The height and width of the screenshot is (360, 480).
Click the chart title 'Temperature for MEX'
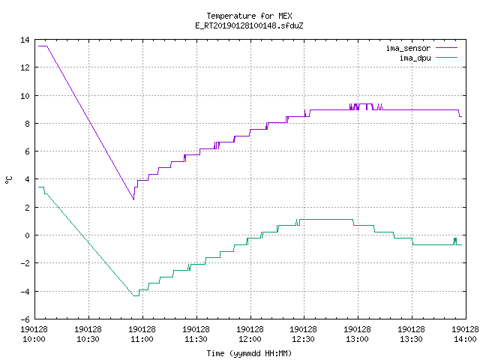point(249,16)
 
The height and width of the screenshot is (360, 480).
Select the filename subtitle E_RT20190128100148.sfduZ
point(249,25)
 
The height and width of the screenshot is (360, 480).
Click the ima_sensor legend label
point(408,48)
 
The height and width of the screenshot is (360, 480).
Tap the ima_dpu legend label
point(415,58)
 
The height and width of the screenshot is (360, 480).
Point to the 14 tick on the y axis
point(25,40)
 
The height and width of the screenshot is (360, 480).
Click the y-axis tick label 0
point(27,235)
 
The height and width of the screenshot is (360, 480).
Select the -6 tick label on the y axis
point(25,319)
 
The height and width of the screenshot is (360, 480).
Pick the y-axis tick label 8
point(27,124)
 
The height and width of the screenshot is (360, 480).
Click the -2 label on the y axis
point(25,263)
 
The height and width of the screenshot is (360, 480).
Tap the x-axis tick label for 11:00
point(142,334)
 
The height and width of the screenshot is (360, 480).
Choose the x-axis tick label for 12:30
point(303,334)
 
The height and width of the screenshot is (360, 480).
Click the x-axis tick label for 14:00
point(465,334)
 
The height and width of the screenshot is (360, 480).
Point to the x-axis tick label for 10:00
point(34,334)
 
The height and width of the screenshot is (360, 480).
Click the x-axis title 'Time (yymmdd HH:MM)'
point(249,353)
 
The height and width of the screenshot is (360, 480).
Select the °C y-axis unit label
point(9,180)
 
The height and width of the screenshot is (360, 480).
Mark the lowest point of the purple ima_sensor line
point(133,199)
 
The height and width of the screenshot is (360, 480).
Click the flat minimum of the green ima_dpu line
point(136,295)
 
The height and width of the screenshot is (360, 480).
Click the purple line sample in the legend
point(446,48)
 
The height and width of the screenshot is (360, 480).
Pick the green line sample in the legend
point(446,58)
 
